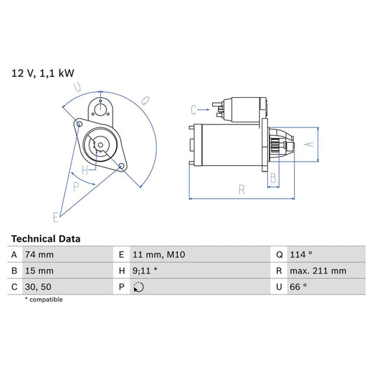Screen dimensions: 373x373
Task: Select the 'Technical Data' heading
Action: point(45,239)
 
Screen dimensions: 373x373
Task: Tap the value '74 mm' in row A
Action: point(40,255)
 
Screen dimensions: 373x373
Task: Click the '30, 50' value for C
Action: point(38,287)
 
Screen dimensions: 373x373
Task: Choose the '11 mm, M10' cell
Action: point(158,255)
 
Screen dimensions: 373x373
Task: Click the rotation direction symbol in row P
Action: point(138,287)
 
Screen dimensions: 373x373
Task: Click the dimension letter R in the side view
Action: point(240,189)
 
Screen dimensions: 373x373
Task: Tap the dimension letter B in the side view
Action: point(273,177)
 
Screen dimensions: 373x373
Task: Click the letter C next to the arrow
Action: point(194,109)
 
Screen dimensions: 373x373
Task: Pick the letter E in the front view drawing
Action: point(56,215)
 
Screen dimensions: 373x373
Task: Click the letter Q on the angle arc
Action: point(146,101)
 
